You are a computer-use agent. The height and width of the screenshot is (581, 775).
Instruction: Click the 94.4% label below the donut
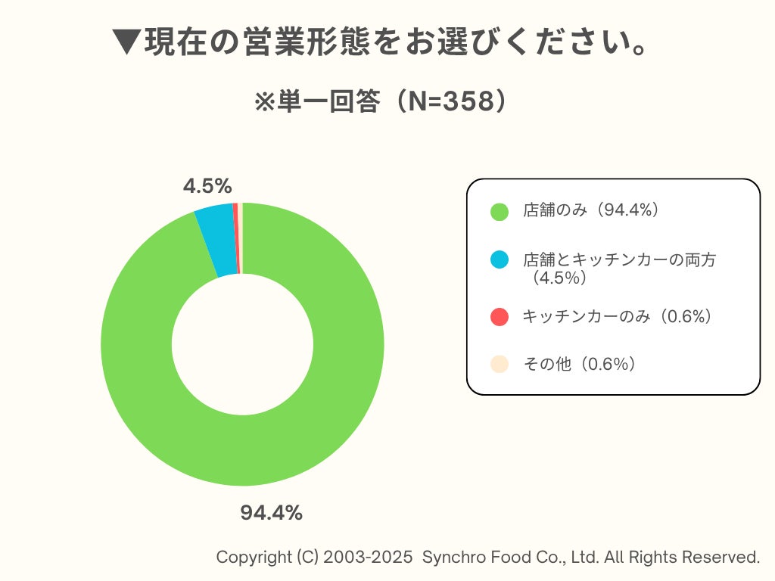click(271, 513)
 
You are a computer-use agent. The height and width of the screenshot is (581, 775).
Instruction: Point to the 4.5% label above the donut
click(207, 186)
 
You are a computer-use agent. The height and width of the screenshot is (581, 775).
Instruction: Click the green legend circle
click(499, 212)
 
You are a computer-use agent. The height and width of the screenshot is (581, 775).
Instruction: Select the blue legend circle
click(499, 260)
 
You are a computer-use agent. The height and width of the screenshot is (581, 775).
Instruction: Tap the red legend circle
click(499, 317)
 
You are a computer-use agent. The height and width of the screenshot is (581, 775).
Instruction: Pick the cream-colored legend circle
click(499, 365)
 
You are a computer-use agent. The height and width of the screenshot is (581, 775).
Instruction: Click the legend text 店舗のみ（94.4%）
click(591, 211)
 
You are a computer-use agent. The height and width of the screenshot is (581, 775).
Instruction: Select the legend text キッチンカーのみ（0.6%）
click(618, 317)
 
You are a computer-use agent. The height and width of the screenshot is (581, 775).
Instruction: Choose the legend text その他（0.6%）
click(580, 365)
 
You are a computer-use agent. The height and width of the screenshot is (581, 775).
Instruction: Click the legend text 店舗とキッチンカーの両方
click(619, 260)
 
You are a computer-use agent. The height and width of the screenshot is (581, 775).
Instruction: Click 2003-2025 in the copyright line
click(369, 558)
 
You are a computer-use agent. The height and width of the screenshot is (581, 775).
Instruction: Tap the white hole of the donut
click(242, 344)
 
